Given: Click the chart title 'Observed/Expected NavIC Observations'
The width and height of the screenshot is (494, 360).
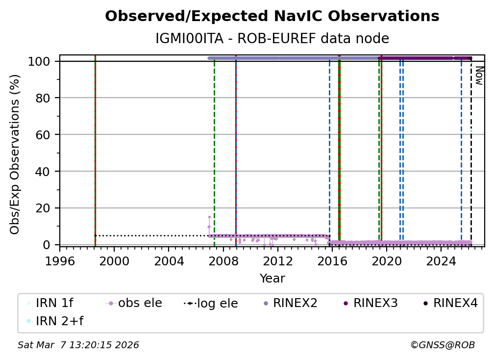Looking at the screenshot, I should [x=272, y=17].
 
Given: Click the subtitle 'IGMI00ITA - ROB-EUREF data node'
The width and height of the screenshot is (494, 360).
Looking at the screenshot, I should [x=272, y=39].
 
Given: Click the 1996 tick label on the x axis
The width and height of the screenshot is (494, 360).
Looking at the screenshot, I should [x=60, y=261].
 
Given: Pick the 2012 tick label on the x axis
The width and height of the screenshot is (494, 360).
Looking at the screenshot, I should [x=278, y=261].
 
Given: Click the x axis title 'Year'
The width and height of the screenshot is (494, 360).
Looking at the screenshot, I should [x=272, y=279].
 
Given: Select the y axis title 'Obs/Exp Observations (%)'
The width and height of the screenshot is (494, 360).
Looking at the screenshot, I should [x=15, y=154].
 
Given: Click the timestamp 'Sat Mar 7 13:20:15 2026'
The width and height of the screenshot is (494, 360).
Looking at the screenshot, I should [x=78, y=345].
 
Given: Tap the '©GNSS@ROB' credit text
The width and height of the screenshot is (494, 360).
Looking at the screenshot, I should [x=442, y=345].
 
